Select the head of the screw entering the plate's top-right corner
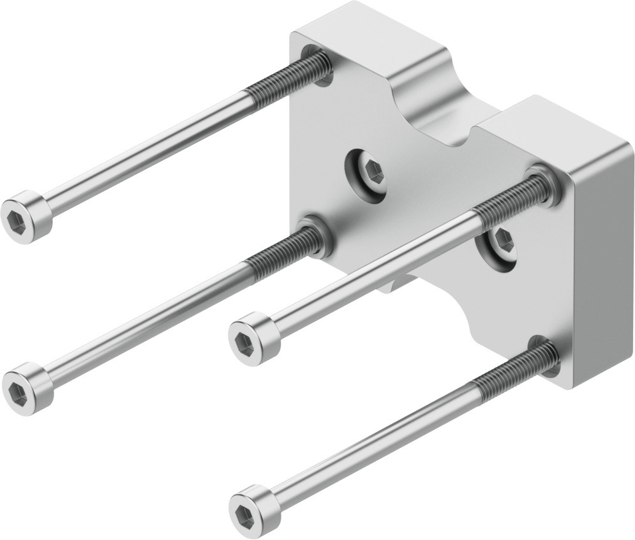click(251, 334)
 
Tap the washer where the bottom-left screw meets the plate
click(319, 234)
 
